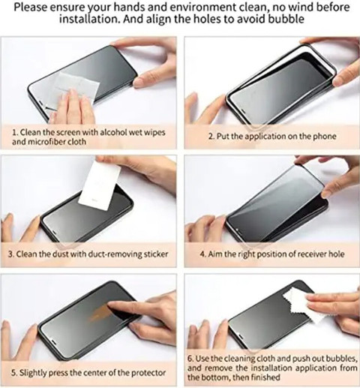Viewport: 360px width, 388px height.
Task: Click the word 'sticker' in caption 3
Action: (156, 254)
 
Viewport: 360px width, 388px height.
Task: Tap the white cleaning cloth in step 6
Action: (304, 305)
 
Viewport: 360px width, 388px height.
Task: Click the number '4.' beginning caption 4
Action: (203, 254)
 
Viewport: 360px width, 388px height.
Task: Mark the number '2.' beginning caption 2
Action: (211, 137)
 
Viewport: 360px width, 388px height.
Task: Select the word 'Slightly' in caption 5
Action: (32, 373)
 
